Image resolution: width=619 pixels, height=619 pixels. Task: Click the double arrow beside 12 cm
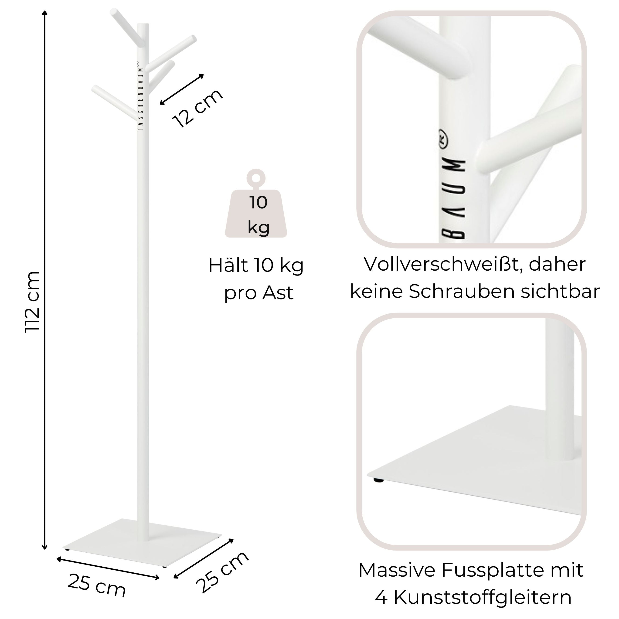click(182, 89)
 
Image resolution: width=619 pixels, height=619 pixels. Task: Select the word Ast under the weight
click(277, 293)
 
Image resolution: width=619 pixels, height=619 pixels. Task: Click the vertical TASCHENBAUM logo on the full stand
click(140, 96)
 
